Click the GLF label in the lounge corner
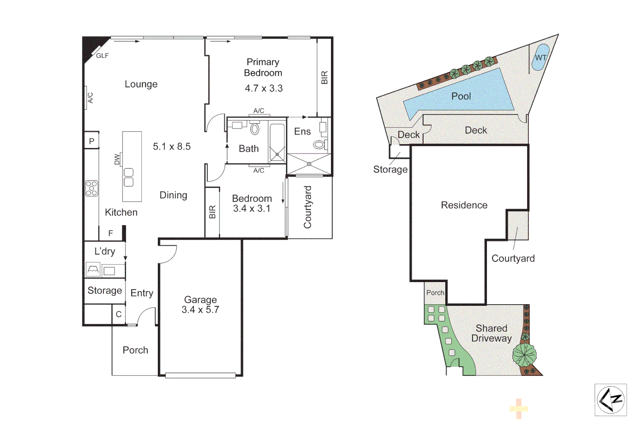[x=102, y=56]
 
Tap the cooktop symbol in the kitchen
[x=92, y=188]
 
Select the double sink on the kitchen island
[x=128, y=178]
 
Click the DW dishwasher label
[x=117, y=159]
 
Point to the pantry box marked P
[x=91, y=141]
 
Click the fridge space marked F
[x=111, y=233]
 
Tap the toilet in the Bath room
[x=255, y=129]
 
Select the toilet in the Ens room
[x=319, y=145]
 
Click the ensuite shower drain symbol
[x=309, y=164]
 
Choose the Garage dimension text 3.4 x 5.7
[x=200, y=310]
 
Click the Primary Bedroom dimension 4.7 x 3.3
[x=264, y=88]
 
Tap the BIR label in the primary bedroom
[x=325, y=77]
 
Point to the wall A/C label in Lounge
[x=90, y=97]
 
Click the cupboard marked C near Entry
[x=119, y=314]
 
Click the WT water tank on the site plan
[x=540, y=57]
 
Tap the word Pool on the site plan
[x=461, y=96]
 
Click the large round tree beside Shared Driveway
[x=525, y=354]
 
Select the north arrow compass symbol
[x=610, y=400]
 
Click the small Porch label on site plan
[x=435, y=293]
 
